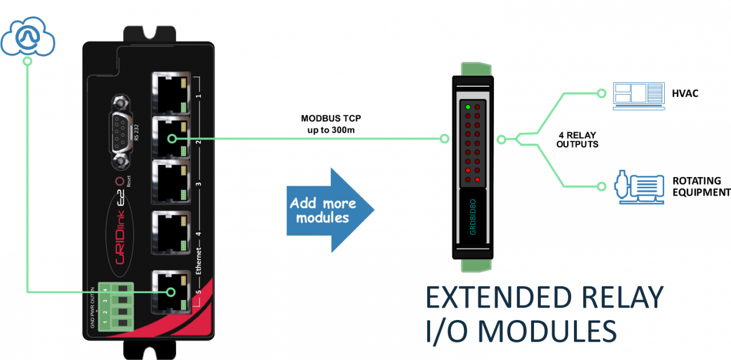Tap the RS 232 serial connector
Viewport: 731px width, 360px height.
[x=121, y=132]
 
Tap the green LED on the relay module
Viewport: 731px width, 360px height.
[x=468, y=107]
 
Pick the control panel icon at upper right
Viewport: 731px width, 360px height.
[x=638, y=95]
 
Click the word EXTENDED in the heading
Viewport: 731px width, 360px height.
[x=499, y=298]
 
